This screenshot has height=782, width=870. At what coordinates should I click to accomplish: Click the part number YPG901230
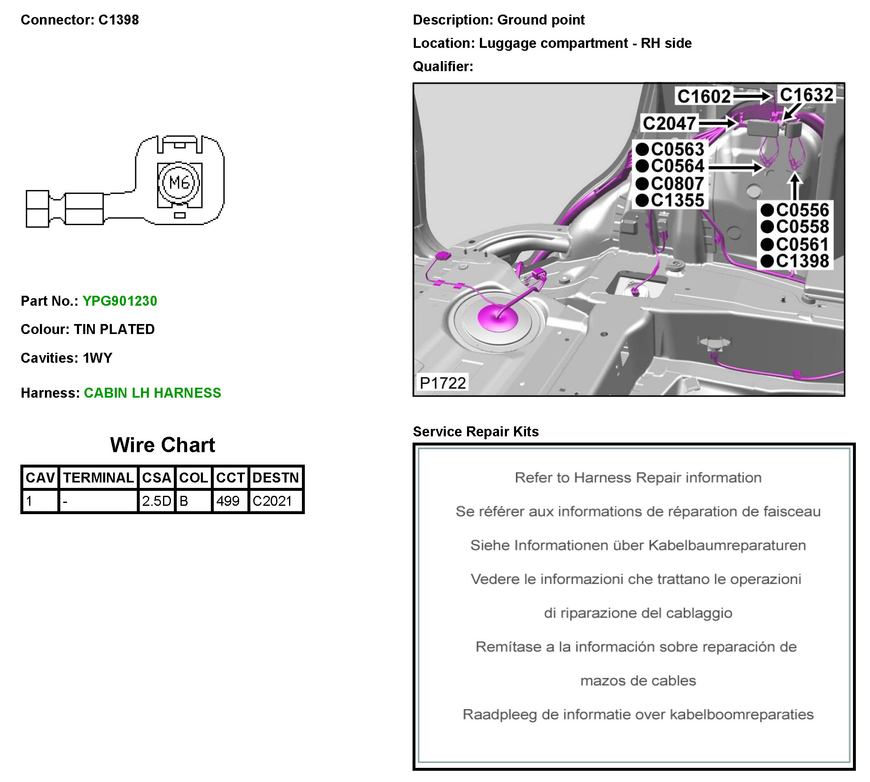119,301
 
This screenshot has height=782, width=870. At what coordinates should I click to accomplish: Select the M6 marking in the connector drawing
179,183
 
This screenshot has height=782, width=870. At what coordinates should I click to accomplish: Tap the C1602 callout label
704,96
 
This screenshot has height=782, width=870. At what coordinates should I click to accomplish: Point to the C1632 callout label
806,95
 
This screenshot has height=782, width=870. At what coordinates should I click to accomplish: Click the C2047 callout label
669,124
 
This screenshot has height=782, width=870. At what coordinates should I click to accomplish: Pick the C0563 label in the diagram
677,149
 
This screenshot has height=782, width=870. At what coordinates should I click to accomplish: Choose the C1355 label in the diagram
677,200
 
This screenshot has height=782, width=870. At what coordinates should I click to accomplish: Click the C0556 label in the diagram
802,210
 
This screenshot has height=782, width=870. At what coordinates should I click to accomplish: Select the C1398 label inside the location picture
802,261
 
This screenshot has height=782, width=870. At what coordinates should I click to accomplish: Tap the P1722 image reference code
442,383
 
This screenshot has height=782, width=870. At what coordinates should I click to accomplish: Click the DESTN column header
275,478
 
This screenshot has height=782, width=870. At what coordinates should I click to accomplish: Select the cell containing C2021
272,500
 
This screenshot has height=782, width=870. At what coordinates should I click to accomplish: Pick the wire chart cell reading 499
228,500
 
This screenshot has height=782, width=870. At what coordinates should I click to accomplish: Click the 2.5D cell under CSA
156,500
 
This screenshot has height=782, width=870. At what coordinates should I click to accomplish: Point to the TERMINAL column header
99,478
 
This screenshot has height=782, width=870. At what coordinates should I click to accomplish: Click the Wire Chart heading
163,445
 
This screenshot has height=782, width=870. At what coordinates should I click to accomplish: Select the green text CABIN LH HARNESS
152,393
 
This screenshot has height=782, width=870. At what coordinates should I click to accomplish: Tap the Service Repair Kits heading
476,431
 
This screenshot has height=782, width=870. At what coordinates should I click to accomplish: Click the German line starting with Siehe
638,545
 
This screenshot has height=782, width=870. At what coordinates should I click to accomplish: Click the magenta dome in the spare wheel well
497,318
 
